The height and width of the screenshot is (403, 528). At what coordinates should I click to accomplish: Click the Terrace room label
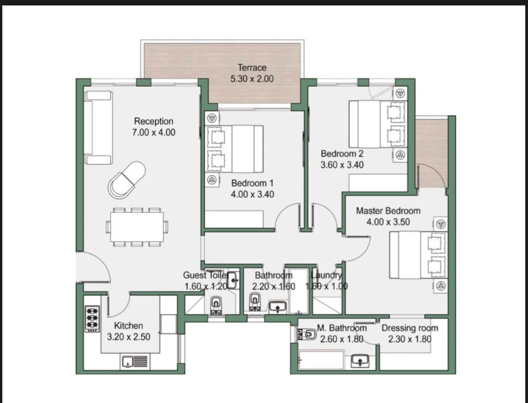pos(252,68)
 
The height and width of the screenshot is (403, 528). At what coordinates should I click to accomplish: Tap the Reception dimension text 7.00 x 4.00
pos(153,132)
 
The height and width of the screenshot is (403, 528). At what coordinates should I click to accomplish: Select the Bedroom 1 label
pos(252,183)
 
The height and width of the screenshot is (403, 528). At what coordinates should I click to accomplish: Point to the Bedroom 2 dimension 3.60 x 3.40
pos(342,165)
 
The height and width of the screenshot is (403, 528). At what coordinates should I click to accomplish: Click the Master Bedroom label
pos(388,211)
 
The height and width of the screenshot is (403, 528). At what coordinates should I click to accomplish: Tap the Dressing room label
pos(410,328)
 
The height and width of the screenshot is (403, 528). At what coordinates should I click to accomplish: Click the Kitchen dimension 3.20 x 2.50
pos(129,337)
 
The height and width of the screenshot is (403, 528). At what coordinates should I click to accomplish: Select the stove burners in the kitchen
pos(92,318)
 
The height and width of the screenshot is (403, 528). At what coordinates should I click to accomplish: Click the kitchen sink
pos(134,362)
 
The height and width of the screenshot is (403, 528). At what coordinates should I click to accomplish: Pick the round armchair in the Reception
pos(126,180)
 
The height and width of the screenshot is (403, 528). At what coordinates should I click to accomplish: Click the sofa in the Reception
pos(98,128)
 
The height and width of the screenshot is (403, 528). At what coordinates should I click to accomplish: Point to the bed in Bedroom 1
pos(234,149)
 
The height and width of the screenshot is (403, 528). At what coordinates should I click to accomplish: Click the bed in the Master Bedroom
pos(418,255)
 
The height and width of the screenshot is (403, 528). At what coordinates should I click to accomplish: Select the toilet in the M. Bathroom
pos(306,334)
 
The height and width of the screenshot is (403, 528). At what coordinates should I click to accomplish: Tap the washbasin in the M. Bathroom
pos(360,361)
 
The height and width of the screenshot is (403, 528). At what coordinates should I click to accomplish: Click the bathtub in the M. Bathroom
pos(321,360)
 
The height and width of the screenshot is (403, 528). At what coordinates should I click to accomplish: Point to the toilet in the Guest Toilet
pos(216,306)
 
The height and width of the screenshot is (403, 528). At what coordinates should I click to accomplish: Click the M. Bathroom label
pos(342,328)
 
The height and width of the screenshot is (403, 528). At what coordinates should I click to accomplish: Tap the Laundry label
pos(326,275)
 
